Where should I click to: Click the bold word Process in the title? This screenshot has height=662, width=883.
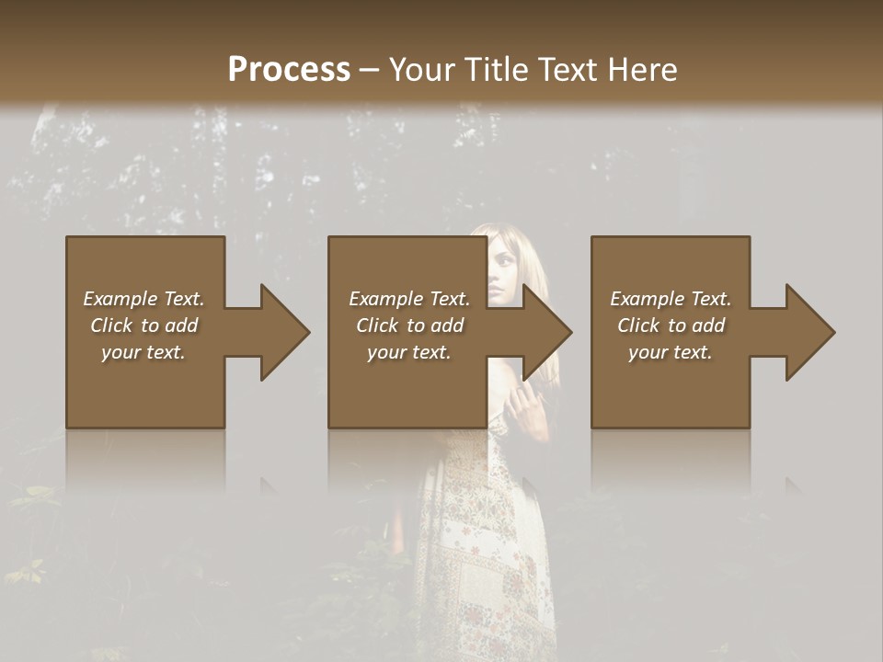(x=289, y=69)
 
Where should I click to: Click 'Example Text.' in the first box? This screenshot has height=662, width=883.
(x=143, y=299)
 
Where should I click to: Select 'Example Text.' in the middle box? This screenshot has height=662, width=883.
(x=409, y=299)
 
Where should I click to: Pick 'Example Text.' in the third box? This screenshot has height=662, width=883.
(x=671, y=299)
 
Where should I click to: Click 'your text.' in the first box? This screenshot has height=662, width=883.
(x=143, y=352)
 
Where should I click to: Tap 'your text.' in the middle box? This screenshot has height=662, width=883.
(x=409, y=352)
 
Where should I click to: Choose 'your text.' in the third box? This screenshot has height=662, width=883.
(x=671, y=352)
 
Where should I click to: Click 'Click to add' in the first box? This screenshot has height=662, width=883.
(x=143, y=325)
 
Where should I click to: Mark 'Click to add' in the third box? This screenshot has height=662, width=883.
(x=671, y=325)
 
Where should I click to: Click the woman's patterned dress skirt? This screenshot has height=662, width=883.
(x=487, y=552)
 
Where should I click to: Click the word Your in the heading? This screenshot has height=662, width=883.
(x=419, y=69)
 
